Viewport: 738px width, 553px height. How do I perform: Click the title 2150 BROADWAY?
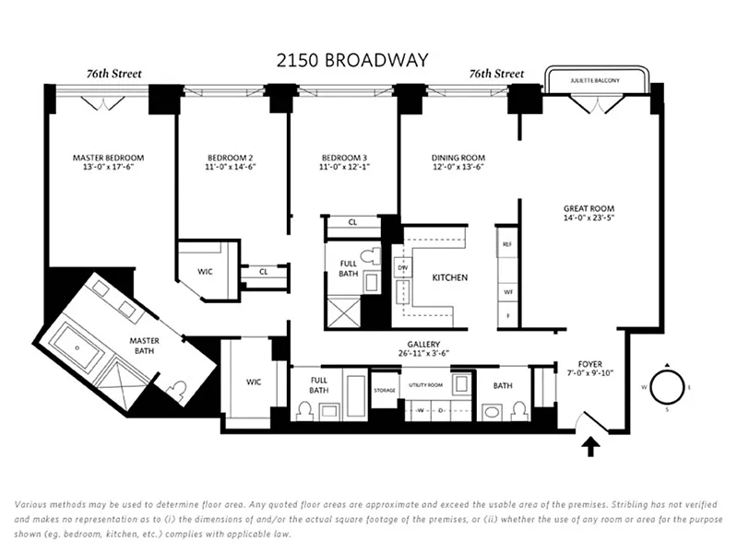(x=352, y=61)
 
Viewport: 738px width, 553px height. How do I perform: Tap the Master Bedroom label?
(x=108, y=158)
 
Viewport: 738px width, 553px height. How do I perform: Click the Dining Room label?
(x=458, y=158)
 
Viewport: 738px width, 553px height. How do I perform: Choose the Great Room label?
(x=589, y=208)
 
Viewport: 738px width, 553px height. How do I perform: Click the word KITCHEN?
(x=450, y=277)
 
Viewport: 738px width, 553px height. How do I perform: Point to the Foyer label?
(x=589, y=364)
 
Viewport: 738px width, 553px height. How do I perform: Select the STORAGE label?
(x=384, y=389)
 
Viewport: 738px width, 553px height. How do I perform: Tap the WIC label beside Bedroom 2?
(x=205, y=272)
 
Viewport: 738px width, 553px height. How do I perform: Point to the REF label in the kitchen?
(x=506, y=243)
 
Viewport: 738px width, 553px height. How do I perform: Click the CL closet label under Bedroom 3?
(x=352, y=222)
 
